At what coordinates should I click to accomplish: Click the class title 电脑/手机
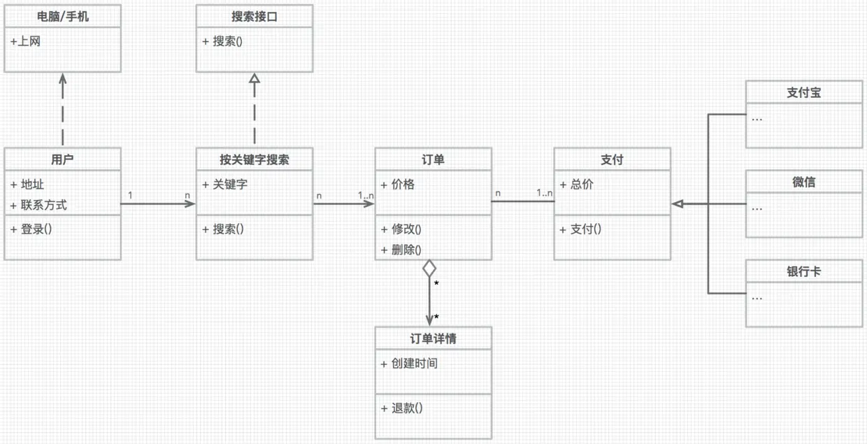[x=63, y=16]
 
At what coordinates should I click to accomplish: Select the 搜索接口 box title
[x=255, y=16]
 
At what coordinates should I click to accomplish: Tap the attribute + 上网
[x=26, y=41]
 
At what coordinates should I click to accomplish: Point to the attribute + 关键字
[x=224, y=185]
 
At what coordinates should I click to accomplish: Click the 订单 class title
[x=433, y=159]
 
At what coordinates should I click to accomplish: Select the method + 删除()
[x=401, y=250]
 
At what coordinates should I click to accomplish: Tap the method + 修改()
[x=401, y=229]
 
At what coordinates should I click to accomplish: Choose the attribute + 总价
[x=577, y=185]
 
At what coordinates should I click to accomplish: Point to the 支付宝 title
[x=803, y=92]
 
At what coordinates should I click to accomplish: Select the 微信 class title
[x=803, y=182]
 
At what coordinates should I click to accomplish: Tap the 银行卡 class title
[x=803, y=271]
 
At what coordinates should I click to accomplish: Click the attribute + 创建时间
[x=410, y=364]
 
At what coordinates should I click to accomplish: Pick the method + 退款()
[x=402, y=408]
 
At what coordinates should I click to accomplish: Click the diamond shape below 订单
[x=429, y=268]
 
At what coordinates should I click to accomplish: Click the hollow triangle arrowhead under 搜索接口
[x=255, y=80]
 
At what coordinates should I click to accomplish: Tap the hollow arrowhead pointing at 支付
[x=677, y=203]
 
